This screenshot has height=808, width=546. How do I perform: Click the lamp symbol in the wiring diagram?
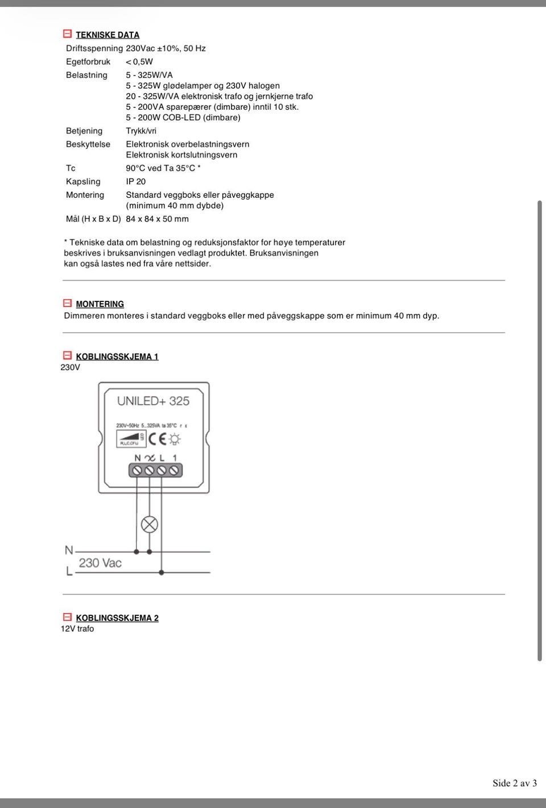pos(150,524)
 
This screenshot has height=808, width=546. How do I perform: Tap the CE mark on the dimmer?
pos(157,438)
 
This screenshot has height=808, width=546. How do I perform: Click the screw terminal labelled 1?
pos(174,470)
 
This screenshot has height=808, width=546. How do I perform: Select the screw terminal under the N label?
pos(137,470)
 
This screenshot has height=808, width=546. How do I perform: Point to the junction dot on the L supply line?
pos(162,572)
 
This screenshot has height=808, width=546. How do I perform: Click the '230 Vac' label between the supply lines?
pos(100,563)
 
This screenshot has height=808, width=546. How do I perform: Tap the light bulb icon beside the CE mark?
pos(175,439)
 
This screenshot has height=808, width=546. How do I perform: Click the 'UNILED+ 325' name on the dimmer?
pos(153,401)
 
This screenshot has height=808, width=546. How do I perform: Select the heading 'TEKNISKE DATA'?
pos(107,35)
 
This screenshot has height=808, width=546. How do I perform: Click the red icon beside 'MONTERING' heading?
pos(67,304)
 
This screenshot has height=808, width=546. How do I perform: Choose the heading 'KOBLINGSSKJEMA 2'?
pos(117,618)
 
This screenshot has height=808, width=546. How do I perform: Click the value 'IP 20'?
pos(135,181)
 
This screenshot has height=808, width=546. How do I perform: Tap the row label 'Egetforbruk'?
pos(88,61)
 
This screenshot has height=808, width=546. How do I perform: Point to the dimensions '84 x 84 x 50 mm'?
pos(157,219)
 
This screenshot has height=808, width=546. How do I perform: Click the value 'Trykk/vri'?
pos(141,131)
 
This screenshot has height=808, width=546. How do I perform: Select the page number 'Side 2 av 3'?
pos(514,783)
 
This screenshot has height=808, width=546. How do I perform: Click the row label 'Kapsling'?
pos(83,181)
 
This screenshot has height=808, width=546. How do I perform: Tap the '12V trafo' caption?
pos(77,629)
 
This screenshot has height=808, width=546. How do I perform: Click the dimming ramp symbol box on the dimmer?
pos(131,439)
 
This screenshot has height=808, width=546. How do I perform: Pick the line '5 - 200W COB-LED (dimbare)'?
pos(183,118)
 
